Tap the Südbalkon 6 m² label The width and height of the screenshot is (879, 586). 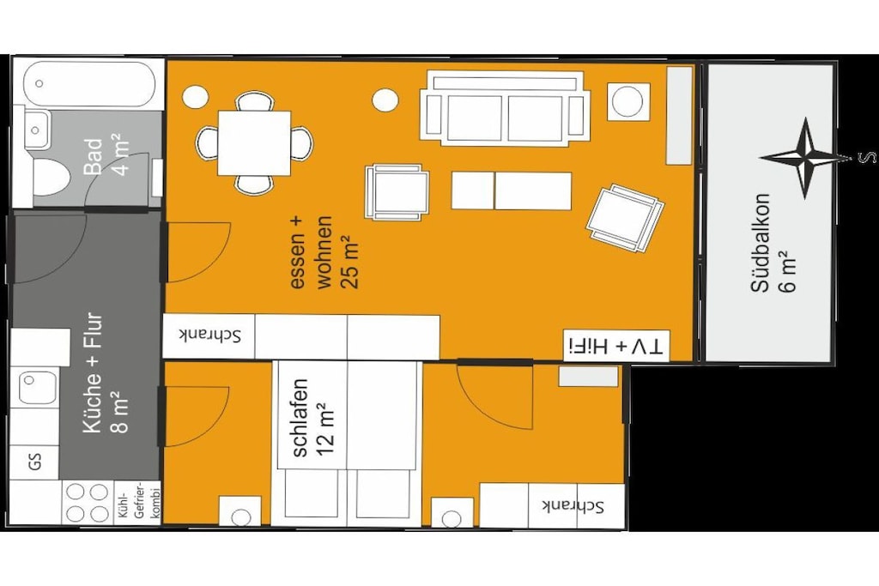click(x=773, y=243)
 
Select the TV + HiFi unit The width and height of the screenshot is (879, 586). click(x=616, y=347)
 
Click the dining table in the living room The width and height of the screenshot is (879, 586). click(x=254, y=143)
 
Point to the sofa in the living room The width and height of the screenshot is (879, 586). click(x=505, y=106)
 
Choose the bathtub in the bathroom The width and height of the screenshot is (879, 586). click(x=89, y=84)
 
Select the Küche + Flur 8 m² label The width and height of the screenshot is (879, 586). click(x=106, y=372)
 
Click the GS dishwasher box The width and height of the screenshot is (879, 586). click(x=34, y=462)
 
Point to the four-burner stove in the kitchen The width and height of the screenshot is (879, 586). click(x=88, y=503)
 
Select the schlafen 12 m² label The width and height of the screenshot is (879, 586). click(x=313, y=418)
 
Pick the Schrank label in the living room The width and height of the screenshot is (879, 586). click(x=209, y=335)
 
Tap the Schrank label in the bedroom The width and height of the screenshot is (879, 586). click(x=573, y=506)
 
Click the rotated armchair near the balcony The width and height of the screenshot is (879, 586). click(x=625, y=218)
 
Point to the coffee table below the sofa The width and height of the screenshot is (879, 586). click(x=512, y=190)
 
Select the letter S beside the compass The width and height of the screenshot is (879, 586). click(x=867, y=157)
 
